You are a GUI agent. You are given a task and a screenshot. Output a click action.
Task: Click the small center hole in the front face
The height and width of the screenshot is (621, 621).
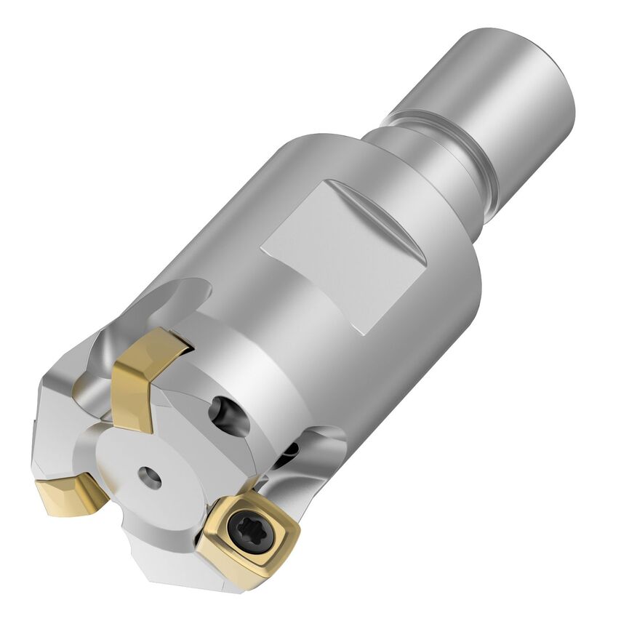coord(151,477)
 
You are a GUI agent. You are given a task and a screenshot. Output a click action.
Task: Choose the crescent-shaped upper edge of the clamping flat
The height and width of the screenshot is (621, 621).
coord(378,207)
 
